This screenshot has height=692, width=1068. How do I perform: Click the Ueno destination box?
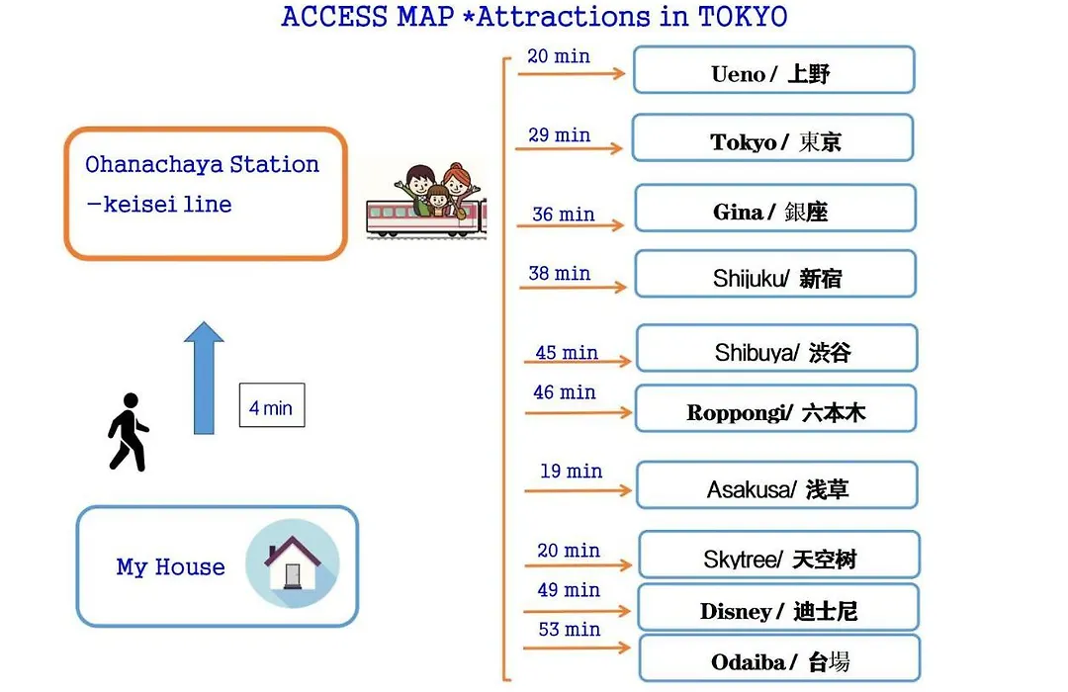tap(773, 69)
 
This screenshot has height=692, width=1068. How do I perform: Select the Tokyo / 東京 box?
tap(772, 138)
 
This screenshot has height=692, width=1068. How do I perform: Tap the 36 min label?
tap(564, 215)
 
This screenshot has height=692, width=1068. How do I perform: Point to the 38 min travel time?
tap(559, 273)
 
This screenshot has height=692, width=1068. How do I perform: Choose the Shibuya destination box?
tap(777, 348)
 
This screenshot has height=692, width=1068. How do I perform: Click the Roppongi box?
tap(776, 408)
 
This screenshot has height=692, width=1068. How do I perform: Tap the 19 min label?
tap(571, 471)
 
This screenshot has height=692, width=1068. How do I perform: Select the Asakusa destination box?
tap(777, 485)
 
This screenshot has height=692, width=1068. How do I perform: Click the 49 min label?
tap(569, 590)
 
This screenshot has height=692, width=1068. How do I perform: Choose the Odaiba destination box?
tap(780, 658)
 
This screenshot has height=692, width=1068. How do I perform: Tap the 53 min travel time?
tap(570, 630)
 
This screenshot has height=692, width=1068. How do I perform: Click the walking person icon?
tap(128, 433)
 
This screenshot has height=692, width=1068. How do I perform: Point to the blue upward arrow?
tap(204, 378)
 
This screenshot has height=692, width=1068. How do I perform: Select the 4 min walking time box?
tap(272, 405)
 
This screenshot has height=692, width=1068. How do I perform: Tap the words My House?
tap(170, 566)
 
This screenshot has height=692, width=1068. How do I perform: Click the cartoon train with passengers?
tap(425, 202)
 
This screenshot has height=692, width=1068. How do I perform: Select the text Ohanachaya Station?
tap(203, 164)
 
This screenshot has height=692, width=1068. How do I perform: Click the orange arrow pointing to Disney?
tap(578, 611)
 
